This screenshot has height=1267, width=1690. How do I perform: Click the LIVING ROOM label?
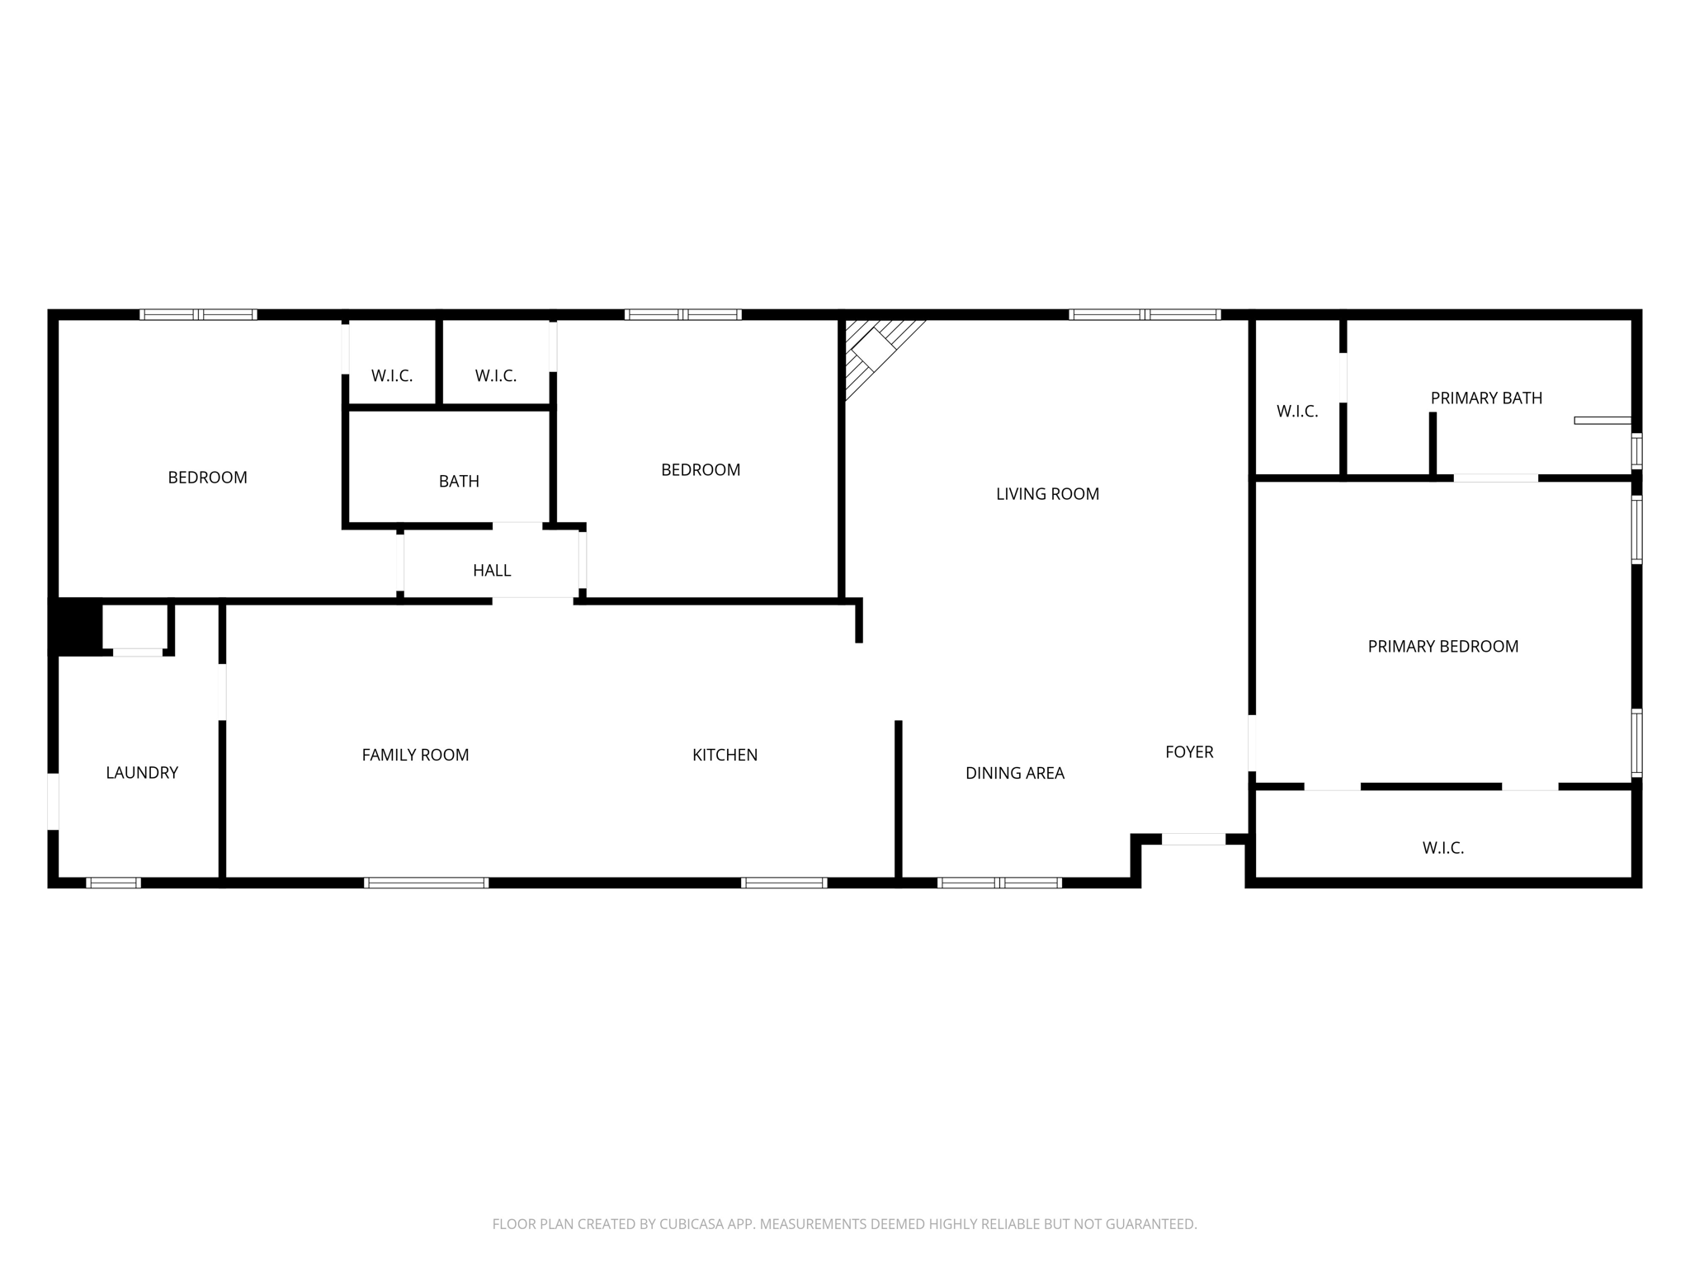[1047, 494]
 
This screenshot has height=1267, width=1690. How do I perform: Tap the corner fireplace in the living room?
[873, 350]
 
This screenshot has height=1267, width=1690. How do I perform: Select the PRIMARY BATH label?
[1486, 398]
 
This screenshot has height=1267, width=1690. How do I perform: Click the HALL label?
[492, 571]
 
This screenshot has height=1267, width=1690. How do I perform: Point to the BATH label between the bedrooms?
[459, 482]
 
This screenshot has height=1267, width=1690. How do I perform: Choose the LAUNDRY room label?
[142, 773]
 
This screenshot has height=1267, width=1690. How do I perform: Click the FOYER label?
[1189, 752]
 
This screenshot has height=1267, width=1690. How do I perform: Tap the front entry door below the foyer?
[1193, 840]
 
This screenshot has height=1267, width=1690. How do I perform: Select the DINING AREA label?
[1015, 774]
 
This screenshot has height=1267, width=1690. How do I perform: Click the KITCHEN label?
[725, 756]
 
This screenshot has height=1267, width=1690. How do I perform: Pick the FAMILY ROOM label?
[415, 756]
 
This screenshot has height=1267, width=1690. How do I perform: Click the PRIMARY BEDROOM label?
[1442, 647]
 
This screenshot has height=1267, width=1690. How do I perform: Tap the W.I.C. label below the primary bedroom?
[1442, 848]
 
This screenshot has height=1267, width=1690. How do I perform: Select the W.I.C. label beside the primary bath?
[1297, 412]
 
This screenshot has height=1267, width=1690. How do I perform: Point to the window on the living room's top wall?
[1145, 314]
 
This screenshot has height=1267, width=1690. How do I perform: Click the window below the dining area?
[999, 883]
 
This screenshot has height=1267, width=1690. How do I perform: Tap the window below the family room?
[427, 883]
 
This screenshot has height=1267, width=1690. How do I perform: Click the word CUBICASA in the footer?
[690, 1224]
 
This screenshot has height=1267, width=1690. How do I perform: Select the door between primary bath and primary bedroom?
[1495, 478]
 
